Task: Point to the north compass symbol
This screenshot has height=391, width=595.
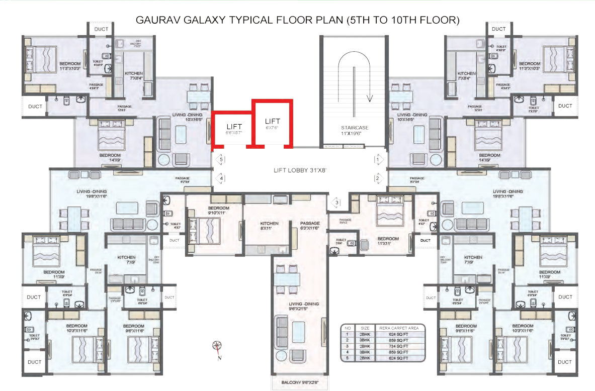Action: [217, 346]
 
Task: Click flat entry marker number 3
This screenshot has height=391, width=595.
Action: [336, 203]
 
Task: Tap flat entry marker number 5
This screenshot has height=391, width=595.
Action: [219, 160]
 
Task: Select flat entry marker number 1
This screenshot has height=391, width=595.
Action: [377, 160]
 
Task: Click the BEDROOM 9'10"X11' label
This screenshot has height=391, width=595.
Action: [219, 210]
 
